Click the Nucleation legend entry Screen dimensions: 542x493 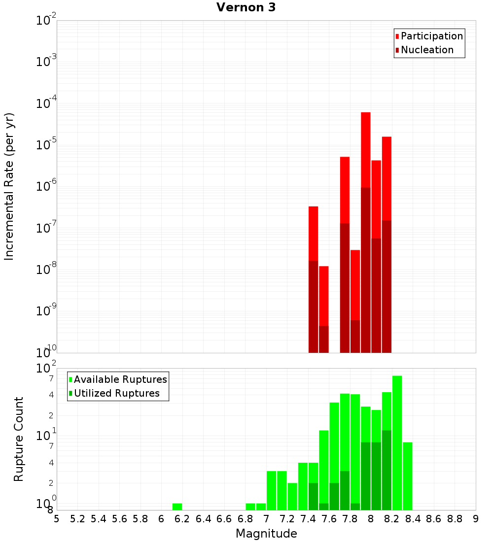427,50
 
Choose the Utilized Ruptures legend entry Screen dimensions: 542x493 116,393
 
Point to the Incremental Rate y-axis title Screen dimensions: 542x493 9,186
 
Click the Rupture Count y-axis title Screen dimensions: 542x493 19,439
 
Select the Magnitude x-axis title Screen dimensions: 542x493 266,534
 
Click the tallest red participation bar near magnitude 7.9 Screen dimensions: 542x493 365,148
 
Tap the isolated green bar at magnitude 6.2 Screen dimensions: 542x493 177,507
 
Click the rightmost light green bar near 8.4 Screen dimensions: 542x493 407,476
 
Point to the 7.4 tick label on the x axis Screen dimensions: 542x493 308,519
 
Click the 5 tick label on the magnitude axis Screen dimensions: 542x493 57,519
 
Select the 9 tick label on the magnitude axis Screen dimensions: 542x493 476,519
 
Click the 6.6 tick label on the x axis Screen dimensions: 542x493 224,519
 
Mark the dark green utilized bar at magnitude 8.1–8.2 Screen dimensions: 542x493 387,470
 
